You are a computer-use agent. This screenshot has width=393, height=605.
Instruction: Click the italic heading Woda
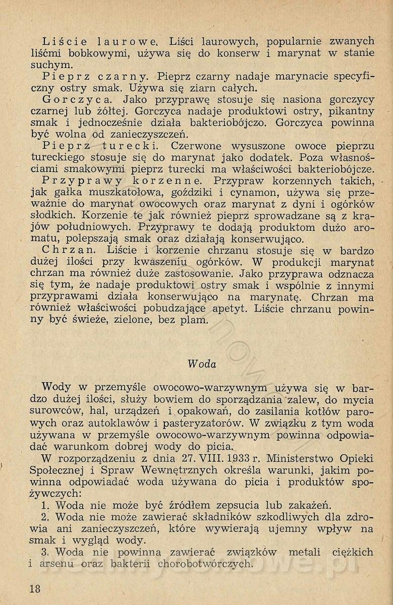coord(201,364)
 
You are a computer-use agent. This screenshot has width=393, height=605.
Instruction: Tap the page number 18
coord(35,588)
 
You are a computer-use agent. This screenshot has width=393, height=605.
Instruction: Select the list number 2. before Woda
coord(46,517)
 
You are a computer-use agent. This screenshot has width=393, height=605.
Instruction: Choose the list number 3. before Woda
coord(46,552)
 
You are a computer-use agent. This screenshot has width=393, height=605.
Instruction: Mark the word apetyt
coord(227,309)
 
